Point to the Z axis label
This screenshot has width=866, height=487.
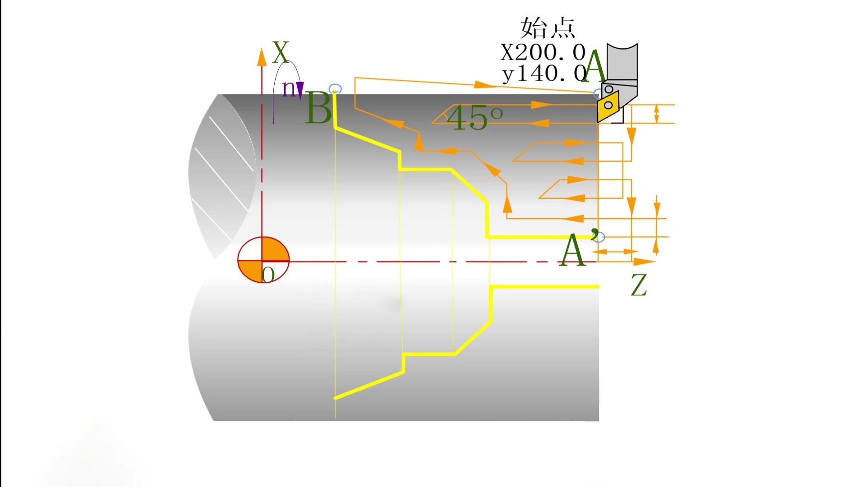[639, 285]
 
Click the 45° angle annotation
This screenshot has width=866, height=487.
[474, 118]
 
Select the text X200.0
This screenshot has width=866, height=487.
[543, 52]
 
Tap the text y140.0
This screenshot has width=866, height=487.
[544, 73]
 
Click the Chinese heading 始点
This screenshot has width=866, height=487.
[548, 28]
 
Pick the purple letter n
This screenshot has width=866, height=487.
[289, 89]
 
